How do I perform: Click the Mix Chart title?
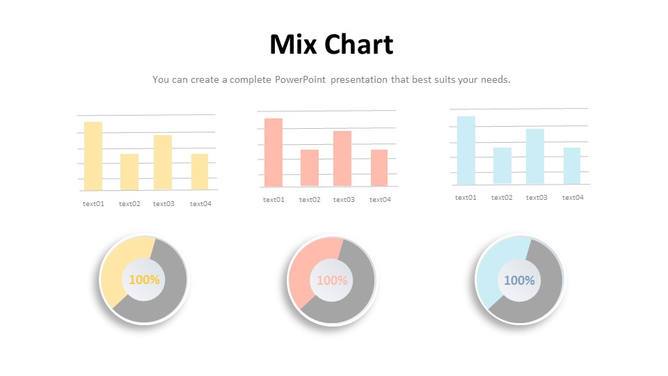[x=331, y=45]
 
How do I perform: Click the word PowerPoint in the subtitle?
[x=300, y=79]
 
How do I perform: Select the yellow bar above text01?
[x=93, y=156]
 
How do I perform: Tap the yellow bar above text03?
[x=163, y=162]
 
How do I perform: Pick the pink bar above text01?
[x=273, y=152]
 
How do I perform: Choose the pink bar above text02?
[x=310, y=168]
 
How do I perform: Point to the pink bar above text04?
[x=379, y=168]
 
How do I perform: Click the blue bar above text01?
[x=466, y=150]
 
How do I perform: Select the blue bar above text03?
[x=535, y=157]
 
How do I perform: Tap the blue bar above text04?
[x=572, y=166]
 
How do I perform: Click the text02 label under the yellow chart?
[x=129, y=204]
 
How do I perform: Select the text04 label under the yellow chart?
[x=200, y=204]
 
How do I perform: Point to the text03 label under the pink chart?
[x=344, y=200]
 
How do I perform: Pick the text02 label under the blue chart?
[x=502, y=197]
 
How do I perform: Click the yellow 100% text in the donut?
[x=144, y=280]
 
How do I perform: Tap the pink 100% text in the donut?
[x=332, y=281]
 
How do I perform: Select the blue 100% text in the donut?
[x=519, y=281]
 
